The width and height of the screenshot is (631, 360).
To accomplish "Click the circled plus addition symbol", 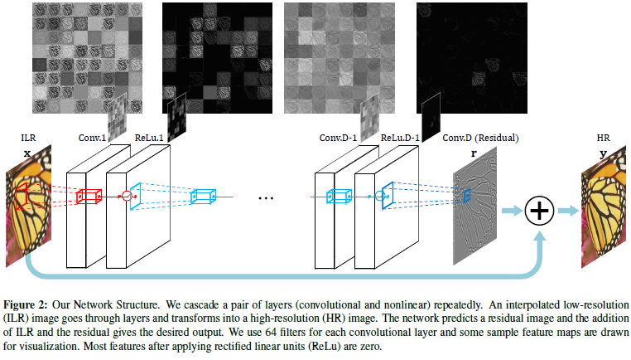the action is point(539,211).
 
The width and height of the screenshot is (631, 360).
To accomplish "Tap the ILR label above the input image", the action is point(28,138).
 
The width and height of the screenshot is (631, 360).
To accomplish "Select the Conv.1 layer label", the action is point(92,138).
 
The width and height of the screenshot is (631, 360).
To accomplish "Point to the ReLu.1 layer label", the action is point(149,138).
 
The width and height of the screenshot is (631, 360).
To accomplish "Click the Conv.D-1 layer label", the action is point(338,138).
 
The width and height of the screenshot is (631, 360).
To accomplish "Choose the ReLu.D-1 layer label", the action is point(400,138).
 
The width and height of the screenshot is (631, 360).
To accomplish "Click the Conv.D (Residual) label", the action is point(480,138).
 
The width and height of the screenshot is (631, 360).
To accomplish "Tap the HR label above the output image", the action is point(603,138).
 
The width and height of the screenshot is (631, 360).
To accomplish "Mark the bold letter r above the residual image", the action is point(474,153).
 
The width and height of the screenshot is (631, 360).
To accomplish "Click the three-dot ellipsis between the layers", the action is point(266,198).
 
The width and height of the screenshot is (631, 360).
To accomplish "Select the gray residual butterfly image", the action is point(474,206).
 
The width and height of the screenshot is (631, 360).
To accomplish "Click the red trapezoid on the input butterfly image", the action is point(22,196).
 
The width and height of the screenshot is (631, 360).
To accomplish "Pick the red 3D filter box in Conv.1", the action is point(89,197).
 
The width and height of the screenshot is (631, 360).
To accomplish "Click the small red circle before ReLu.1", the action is point(127,196).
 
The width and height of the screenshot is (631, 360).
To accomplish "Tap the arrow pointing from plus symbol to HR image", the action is point(568,211).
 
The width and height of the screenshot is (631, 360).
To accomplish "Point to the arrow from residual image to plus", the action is point(512,211).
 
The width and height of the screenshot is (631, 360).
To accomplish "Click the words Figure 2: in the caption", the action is point(26,304).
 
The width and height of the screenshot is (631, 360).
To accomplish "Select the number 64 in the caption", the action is point(271,333).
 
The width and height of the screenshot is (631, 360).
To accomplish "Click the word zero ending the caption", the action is point(370,346).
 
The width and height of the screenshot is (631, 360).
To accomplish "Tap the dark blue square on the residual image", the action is point(467,196).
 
